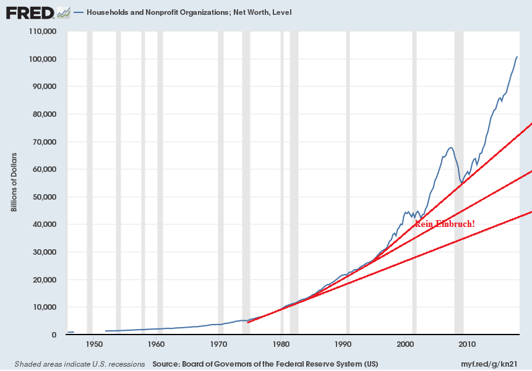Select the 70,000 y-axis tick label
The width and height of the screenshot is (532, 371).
[45, 142]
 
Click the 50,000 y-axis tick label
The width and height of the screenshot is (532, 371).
[45, 197]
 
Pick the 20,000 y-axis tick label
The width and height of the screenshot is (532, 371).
[45, 280]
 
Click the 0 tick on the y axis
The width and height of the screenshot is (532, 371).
[54, 335]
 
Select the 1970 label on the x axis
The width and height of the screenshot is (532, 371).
[218, 344]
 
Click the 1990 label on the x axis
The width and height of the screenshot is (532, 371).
[343, 344]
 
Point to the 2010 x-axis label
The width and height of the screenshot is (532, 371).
[467, 344]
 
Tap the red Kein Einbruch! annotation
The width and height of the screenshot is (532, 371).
[445, 224]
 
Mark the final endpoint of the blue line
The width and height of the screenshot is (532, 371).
[517, 57]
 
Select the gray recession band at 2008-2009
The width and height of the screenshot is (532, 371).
[459, 185]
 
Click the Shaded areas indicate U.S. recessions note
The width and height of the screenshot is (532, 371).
[79, 363]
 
